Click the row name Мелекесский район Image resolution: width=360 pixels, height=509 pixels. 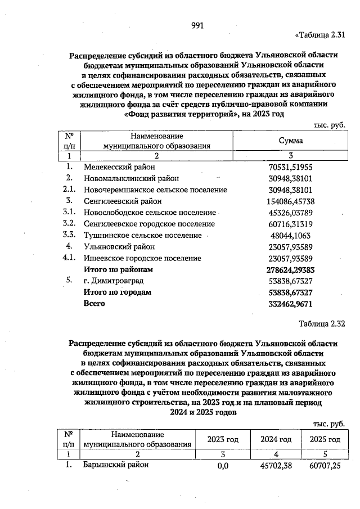pos(119,167)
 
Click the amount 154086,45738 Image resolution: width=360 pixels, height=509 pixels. pos(289,201)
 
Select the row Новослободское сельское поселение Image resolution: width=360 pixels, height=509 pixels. pos(149,213)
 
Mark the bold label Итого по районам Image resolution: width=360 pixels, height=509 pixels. pos(118,269)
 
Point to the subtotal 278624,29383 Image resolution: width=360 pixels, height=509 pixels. pos(289,269)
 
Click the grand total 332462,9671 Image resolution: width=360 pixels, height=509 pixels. pos(289,304)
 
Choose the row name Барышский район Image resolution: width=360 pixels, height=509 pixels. pos(116,465)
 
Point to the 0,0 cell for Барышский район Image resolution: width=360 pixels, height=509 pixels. pos(223,466)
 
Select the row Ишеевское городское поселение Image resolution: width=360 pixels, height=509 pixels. pos(142,258)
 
